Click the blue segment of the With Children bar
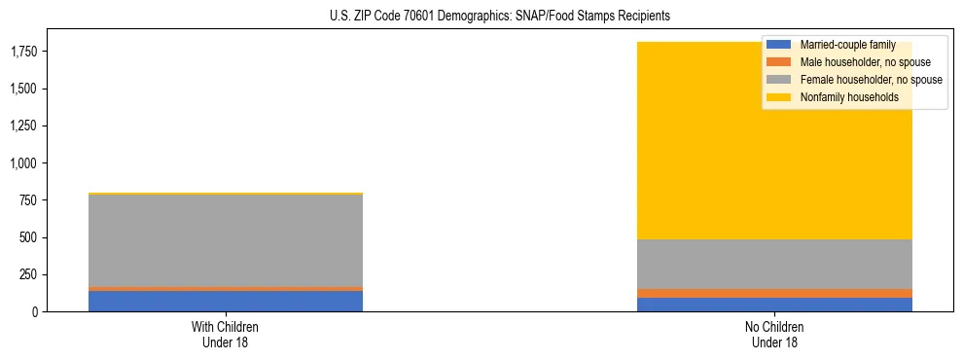(225, 301)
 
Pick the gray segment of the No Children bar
(774, 264)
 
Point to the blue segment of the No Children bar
(774, 305)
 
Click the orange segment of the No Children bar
(774, 293)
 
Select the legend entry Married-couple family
(847, 45)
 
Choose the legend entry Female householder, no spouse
(870, 80)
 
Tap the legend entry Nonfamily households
(842, 97)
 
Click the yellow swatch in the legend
(779, 97)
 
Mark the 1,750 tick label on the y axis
(22, 52)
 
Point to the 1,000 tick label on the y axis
(22, 163)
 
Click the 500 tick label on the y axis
(29, 237)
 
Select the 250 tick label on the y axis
(29, 274)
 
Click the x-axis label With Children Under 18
(225, 335)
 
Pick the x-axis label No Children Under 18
(774, 335)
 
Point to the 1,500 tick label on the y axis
(22, 89)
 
